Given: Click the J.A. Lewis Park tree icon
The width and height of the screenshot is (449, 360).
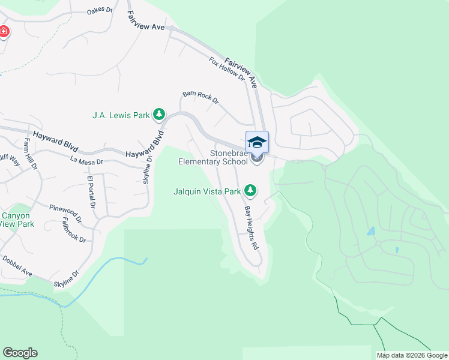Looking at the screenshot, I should click(159, 113).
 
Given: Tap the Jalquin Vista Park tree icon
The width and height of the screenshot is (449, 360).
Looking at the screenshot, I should click(250, 191).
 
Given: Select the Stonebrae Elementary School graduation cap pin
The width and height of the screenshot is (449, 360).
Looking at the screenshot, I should click(257, 143).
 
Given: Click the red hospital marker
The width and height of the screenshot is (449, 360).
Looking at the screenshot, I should click(4, 31).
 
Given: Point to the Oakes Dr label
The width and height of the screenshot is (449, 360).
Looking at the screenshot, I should click(100, 11).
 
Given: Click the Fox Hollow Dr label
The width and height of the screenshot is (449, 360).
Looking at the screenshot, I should click(228, 69).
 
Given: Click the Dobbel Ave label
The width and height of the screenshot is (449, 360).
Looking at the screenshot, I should click(17, 266).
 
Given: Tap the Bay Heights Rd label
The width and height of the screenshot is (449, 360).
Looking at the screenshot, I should click(251, 228).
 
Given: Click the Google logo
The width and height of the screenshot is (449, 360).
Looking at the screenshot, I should click(20, 353).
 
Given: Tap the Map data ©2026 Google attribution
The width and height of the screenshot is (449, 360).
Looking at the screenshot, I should click(412, 355).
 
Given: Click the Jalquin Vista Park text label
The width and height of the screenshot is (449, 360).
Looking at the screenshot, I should click(207, 191).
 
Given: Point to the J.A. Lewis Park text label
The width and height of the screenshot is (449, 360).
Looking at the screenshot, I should click(120, 114).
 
